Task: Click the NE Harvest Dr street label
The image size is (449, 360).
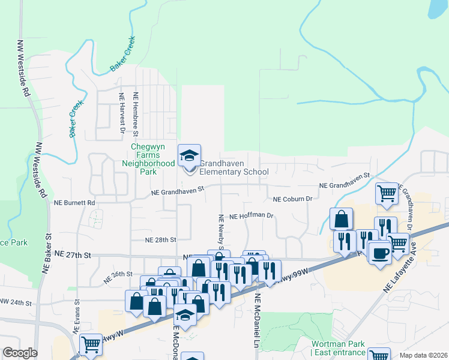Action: click(122, 112)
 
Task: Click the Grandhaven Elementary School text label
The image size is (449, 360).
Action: click(234, 167)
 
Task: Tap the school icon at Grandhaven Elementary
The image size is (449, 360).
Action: click(188, 156)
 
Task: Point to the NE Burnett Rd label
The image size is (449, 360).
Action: click(74, 203)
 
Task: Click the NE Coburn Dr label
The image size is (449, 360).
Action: click(293, 199)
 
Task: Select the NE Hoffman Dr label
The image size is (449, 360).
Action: click(252, 216)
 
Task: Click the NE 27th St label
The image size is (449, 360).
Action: click(71, 255)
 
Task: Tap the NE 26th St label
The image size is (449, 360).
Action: click(117, 276)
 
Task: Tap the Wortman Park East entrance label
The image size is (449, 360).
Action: click(338, 348)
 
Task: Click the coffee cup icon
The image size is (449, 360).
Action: click(379, 252)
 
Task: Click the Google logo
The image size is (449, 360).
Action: click(20, 353)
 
